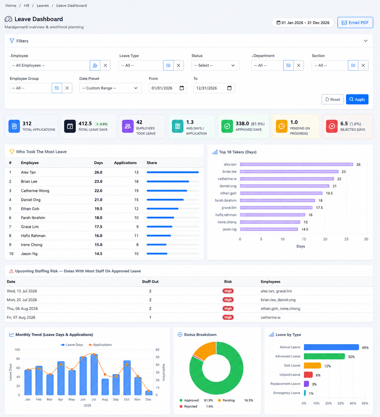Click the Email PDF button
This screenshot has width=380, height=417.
pyautogui.click(x=355, y=23)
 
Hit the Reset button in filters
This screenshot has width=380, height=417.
pyautogui.click(x=332, y=99)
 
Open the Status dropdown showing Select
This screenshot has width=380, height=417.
pyautogui.click(x=215, y=65)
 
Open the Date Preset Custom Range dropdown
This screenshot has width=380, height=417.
pyautogui.click(x=110, y=88)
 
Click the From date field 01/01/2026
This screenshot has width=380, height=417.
pyautogui.click(x=167, y=88)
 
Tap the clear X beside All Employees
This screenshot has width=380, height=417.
pyautogui.click(x=105, y=65)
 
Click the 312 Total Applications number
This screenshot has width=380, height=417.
pyautogui.click(x=27, y=124)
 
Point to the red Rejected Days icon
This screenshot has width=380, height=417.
pyautogui.click(x=331, y=126)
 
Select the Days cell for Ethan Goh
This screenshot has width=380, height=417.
pyautogui.click(x=98, y=209)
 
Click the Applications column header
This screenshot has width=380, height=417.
pyautogui.click(x=125, y=163)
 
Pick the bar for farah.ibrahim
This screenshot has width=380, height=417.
pyautogui.click(x=278, y=200)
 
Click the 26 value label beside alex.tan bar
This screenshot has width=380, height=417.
pyautogui.click(x=358, y=165)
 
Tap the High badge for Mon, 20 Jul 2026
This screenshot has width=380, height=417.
pyautogui.click(x=228, y=300)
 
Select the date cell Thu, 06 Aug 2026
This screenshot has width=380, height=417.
pyautogui.click(x=22, y=308)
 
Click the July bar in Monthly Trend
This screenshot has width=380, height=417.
pyautogui.click(x=94, y=374)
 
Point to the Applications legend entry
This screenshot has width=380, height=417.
pyautogui.click(x=100, y=345)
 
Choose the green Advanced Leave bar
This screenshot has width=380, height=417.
pyautogui.click(x=324, y=356)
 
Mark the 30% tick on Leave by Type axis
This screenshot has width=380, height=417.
pyautogui.click(x=341, y=403)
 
